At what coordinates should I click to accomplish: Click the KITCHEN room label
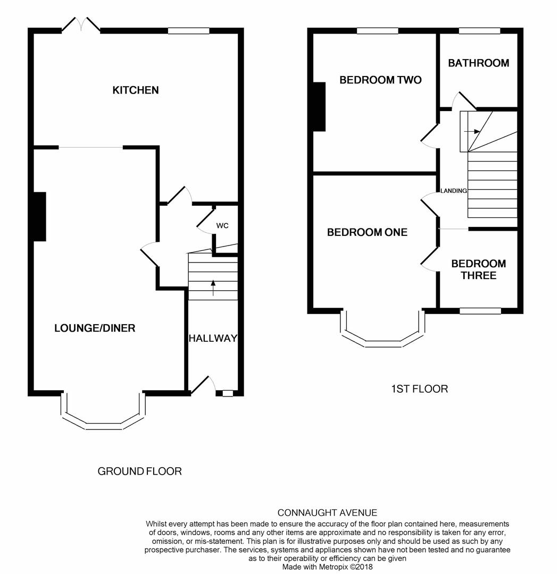point(135,90)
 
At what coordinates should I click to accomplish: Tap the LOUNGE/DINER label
point(95,328)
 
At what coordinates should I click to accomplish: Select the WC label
point(222,226)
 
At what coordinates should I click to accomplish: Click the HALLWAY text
point(213,339)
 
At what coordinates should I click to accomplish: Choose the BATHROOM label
point(478,63)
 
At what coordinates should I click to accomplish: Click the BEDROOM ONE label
point(367,232)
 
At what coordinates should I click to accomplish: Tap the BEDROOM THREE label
point(478,269)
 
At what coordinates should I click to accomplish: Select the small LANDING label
point(453,191)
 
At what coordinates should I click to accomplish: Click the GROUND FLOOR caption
point(139,471)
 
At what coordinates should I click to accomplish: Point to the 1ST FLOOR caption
point(419,389)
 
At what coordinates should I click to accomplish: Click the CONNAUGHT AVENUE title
point(327,513)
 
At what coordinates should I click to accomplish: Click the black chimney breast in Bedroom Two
point(319,106)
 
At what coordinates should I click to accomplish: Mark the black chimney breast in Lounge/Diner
point(40,216)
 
